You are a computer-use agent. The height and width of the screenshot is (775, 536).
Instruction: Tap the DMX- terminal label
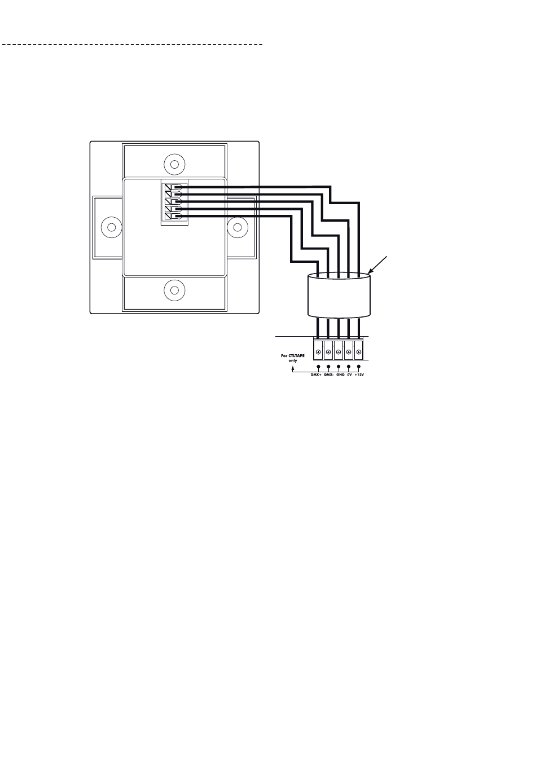click(x=329, y=375)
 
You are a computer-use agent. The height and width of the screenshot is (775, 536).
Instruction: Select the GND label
click(x=340, y=375)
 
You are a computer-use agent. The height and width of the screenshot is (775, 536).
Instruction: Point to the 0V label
click(x=350, y=375)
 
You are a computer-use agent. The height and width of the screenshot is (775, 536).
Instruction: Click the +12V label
click(x=360, y=375)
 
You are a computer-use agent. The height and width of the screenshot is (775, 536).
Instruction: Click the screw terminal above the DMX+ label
click(x=319, y=352)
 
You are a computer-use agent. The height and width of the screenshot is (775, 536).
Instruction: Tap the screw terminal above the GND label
click(x=339, y=352)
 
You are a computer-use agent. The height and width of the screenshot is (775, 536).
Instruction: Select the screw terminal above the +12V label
click(x=358, y=352)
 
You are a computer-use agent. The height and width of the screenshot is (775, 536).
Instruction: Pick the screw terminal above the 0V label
click(x=349, y=352)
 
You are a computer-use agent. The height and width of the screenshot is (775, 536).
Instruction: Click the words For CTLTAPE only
click(x=293, y=358)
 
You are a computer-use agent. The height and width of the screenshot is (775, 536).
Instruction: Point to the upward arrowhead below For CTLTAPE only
click(x=292, y=369)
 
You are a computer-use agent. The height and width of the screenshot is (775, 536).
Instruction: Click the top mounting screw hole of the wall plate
click(x=174, y=165)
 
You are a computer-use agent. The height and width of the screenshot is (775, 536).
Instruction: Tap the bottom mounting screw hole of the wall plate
click(x=174, y=290)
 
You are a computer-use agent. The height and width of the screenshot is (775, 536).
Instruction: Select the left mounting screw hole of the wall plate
click(x=111, y=227)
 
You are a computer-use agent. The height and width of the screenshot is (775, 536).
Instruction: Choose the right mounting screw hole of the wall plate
click(x=238, y=227)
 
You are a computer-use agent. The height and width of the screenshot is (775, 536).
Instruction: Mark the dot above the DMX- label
click(x=328, y=367)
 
